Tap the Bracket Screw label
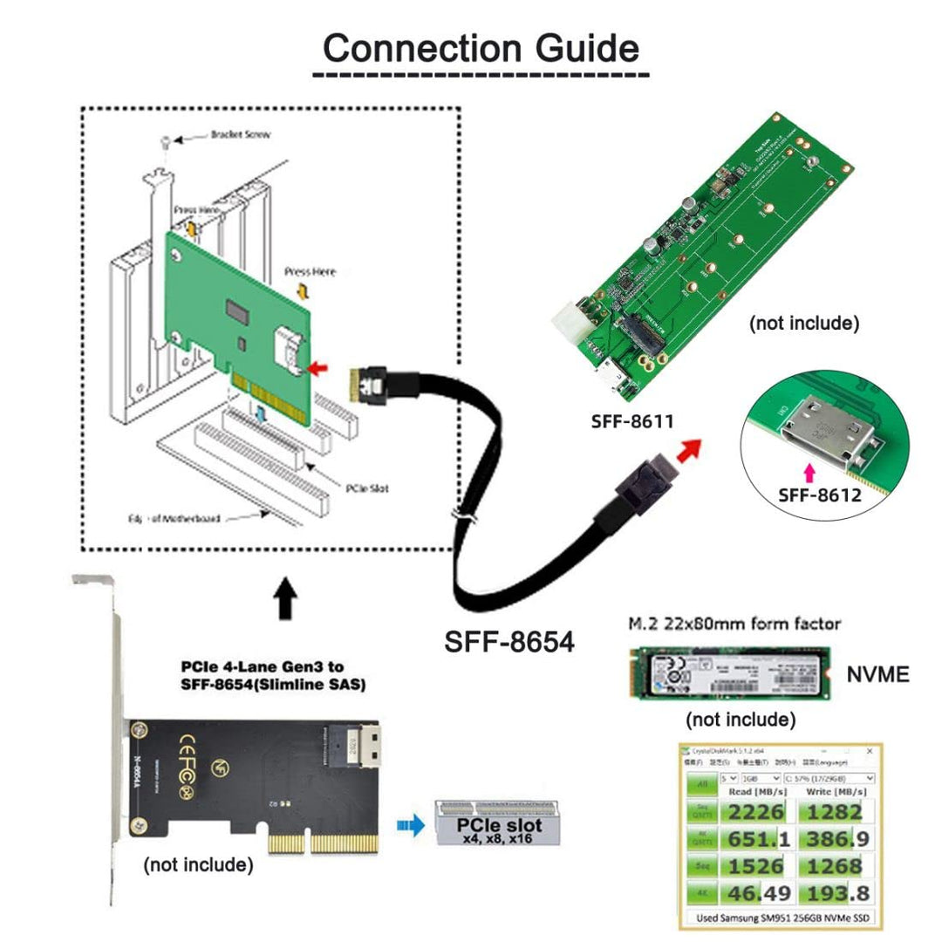[x=241, y=135]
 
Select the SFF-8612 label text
[x=819, y=495]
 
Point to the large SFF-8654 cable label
[x=510, y=642]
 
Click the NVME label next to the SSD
[x=877, y=673]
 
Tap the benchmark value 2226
[x=752, y=813]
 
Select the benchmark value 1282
[x=831, y=813]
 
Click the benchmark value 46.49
[x=752, y=892]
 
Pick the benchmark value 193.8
[x=831, y=892]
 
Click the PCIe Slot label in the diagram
[x=366, y=488]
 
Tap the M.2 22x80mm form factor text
[x=735, y=624]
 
